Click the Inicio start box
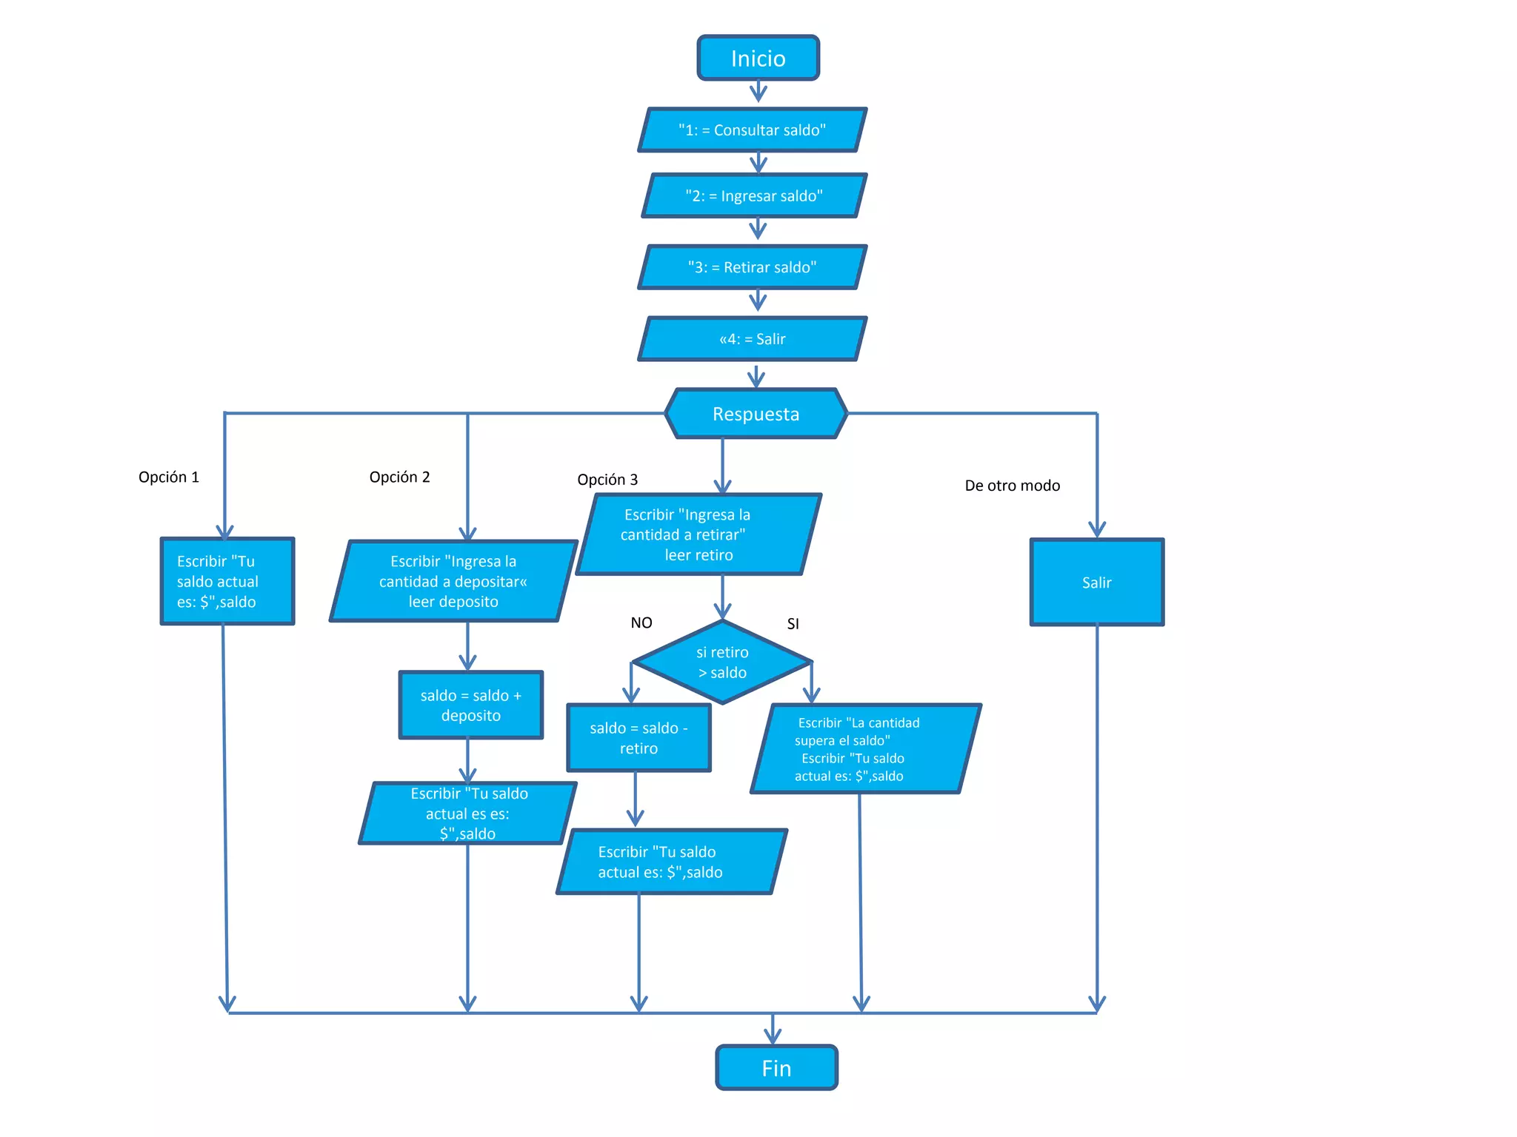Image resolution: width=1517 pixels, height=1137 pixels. point(758,58)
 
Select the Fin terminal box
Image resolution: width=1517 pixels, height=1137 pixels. point(776,1067)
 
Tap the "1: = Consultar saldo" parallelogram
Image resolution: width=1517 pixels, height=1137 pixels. point(752,130)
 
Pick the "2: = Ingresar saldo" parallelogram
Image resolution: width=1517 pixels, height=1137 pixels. point(753,196)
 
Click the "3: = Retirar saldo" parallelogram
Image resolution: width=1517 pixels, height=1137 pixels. point(752,267)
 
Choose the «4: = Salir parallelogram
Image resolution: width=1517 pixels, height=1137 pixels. point(752,339)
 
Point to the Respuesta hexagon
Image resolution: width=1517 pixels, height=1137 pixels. point(756,414)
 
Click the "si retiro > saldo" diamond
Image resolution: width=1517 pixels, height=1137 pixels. point(722,663)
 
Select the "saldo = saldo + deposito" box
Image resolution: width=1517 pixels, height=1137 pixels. point(471,705)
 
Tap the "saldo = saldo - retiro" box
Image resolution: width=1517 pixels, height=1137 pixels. point(639,738)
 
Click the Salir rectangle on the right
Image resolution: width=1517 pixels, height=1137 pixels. point(1096,583)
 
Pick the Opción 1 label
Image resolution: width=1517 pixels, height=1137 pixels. point(169,477)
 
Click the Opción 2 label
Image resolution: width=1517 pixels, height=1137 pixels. point(399,477)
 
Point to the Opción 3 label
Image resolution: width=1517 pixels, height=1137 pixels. point(607,480)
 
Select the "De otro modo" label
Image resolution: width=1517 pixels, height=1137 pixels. point(1012,486)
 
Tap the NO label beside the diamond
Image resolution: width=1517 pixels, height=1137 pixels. point(641,623)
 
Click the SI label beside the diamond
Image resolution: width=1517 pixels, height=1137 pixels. point(793,624)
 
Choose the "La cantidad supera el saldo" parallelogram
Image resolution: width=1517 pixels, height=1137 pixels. point(865,749)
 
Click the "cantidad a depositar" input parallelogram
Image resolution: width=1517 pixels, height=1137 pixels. point(453,582)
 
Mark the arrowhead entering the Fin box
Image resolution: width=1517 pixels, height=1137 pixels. point(773,1038)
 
